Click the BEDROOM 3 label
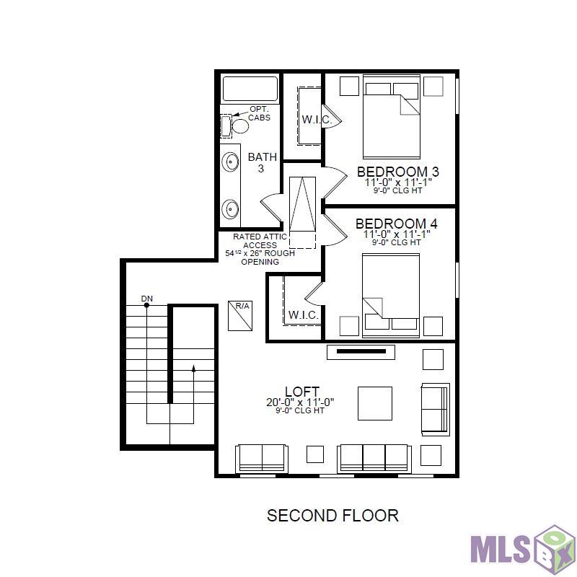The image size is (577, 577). (x=397, y=172)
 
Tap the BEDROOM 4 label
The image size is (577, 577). (x=396, y=224)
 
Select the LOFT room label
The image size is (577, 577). (x=301, y=392)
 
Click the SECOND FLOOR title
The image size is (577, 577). (x=332, y=516)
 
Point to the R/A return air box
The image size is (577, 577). (x=239, y=315)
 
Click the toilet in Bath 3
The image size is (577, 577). (x=237, y=126)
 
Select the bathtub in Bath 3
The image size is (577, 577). (x=250, y=89)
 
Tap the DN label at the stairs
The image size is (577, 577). (x=146, y=298)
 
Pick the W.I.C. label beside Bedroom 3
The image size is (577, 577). (x=316, y=120)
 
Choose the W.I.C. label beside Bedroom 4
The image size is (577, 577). (x=303, y=315)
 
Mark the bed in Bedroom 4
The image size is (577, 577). (x=391, y=296)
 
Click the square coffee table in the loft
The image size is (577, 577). (x=375, y=403)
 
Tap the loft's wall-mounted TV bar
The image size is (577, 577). (x=361, y=352)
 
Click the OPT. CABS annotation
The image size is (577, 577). (x=259, y=113)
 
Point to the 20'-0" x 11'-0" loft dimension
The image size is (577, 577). (x=300, y=402)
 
